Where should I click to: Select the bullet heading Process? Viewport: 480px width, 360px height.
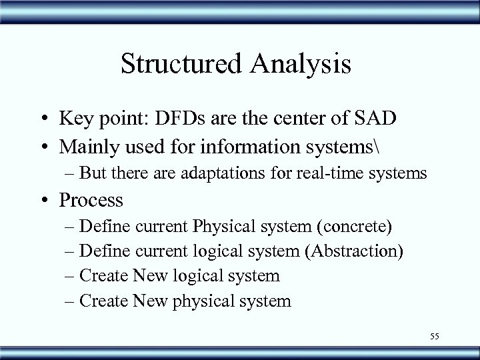91,199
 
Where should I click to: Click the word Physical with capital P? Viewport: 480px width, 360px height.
219,226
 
